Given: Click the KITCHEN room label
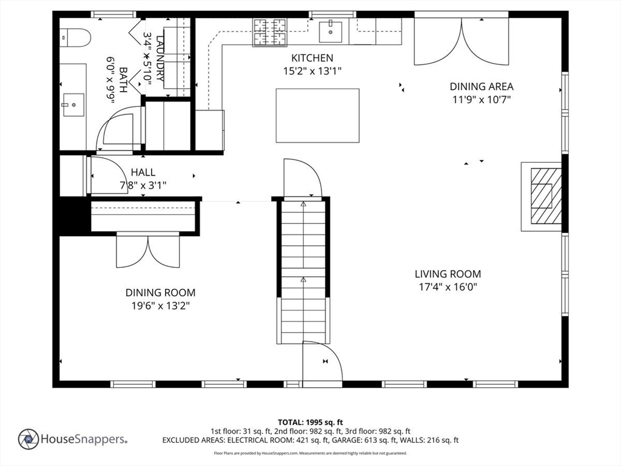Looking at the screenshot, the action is click(312, 58).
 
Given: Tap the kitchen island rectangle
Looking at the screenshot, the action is click(318, 115).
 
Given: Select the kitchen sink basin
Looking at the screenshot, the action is click(331, 32).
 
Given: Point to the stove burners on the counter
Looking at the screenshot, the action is click(270, 32).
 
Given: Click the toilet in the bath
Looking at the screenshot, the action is click(75, 38).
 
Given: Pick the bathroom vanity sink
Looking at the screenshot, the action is click(73, 105).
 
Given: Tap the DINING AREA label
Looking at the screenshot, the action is click(482, 86).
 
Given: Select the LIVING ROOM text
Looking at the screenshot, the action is click(448, 274).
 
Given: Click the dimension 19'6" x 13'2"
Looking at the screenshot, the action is click(161, 306).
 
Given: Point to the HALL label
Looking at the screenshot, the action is click(143, 172).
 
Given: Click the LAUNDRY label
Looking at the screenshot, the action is click(160, 58).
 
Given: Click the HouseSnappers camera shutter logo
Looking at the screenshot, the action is click(29, 439).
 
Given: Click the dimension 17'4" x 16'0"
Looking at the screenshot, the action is click(448, 287).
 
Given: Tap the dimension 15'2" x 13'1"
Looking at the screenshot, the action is click(312, 72).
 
